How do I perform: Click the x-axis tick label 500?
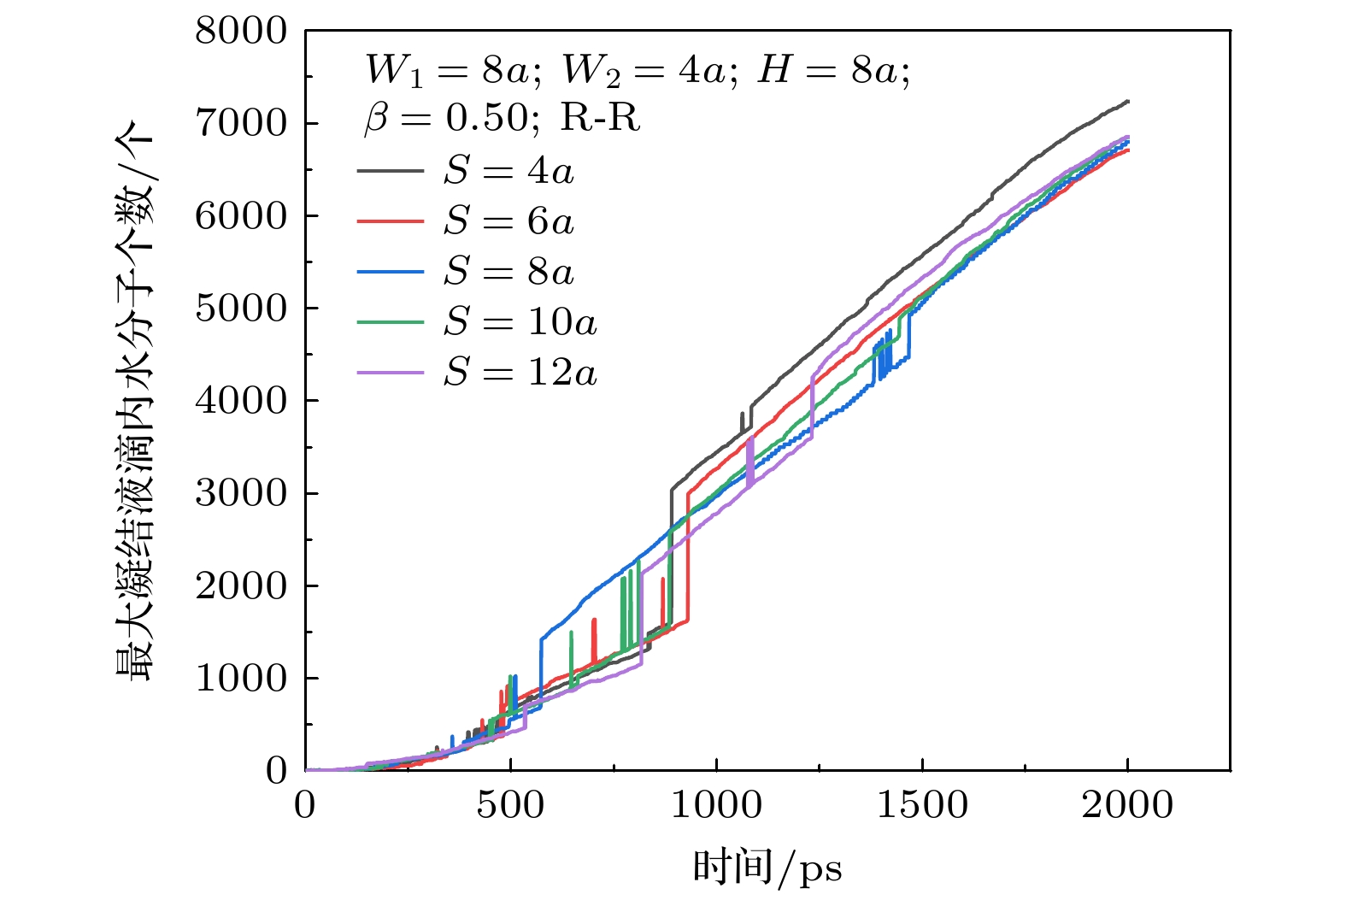point(510,805)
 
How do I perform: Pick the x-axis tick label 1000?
point(716,805)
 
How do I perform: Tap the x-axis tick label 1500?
point(922,805)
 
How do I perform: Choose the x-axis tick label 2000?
point(1127,805)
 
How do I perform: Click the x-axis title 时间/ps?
point(767,868)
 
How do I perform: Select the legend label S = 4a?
point(508,171)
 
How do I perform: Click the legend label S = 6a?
point(508,221)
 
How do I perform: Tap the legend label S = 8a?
point(508,272)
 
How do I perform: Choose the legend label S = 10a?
point(520,322)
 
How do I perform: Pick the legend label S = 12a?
point(520,373)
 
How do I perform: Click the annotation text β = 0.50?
point(450,118)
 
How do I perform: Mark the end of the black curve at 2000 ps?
point(1128,102)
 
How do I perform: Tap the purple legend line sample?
point(390,373)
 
